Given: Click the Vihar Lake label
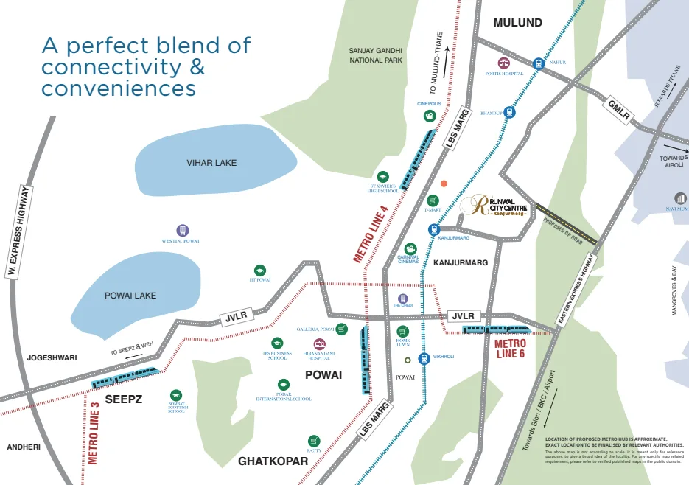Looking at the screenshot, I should click(212, 162).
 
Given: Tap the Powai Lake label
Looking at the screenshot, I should click(130, 295).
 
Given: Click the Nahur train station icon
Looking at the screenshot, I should click(539, 64).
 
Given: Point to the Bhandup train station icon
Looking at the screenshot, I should click(509, 113).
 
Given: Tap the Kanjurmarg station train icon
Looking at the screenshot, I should click(433, 229).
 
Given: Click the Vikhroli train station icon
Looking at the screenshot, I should click(424, 358).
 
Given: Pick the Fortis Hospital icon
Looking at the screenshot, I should click(504, 63).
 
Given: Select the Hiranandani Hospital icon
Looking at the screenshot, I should click(319, 344).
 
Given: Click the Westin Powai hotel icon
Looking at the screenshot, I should click(182, 231).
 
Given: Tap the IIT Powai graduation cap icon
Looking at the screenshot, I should click(259, 271).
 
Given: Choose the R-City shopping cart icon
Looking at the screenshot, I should click(315, 440).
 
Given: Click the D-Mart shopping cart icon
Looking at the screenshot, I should click(433, 200).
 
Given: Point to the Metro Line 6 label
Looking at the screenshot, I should click(510, 349).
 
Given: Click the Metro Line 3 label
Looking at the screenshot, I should click(94, 432).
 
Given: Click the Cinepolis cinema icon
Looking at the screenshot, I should click(429, 116).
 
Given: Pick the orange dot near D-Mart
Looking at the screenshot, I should click(444, 184).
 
